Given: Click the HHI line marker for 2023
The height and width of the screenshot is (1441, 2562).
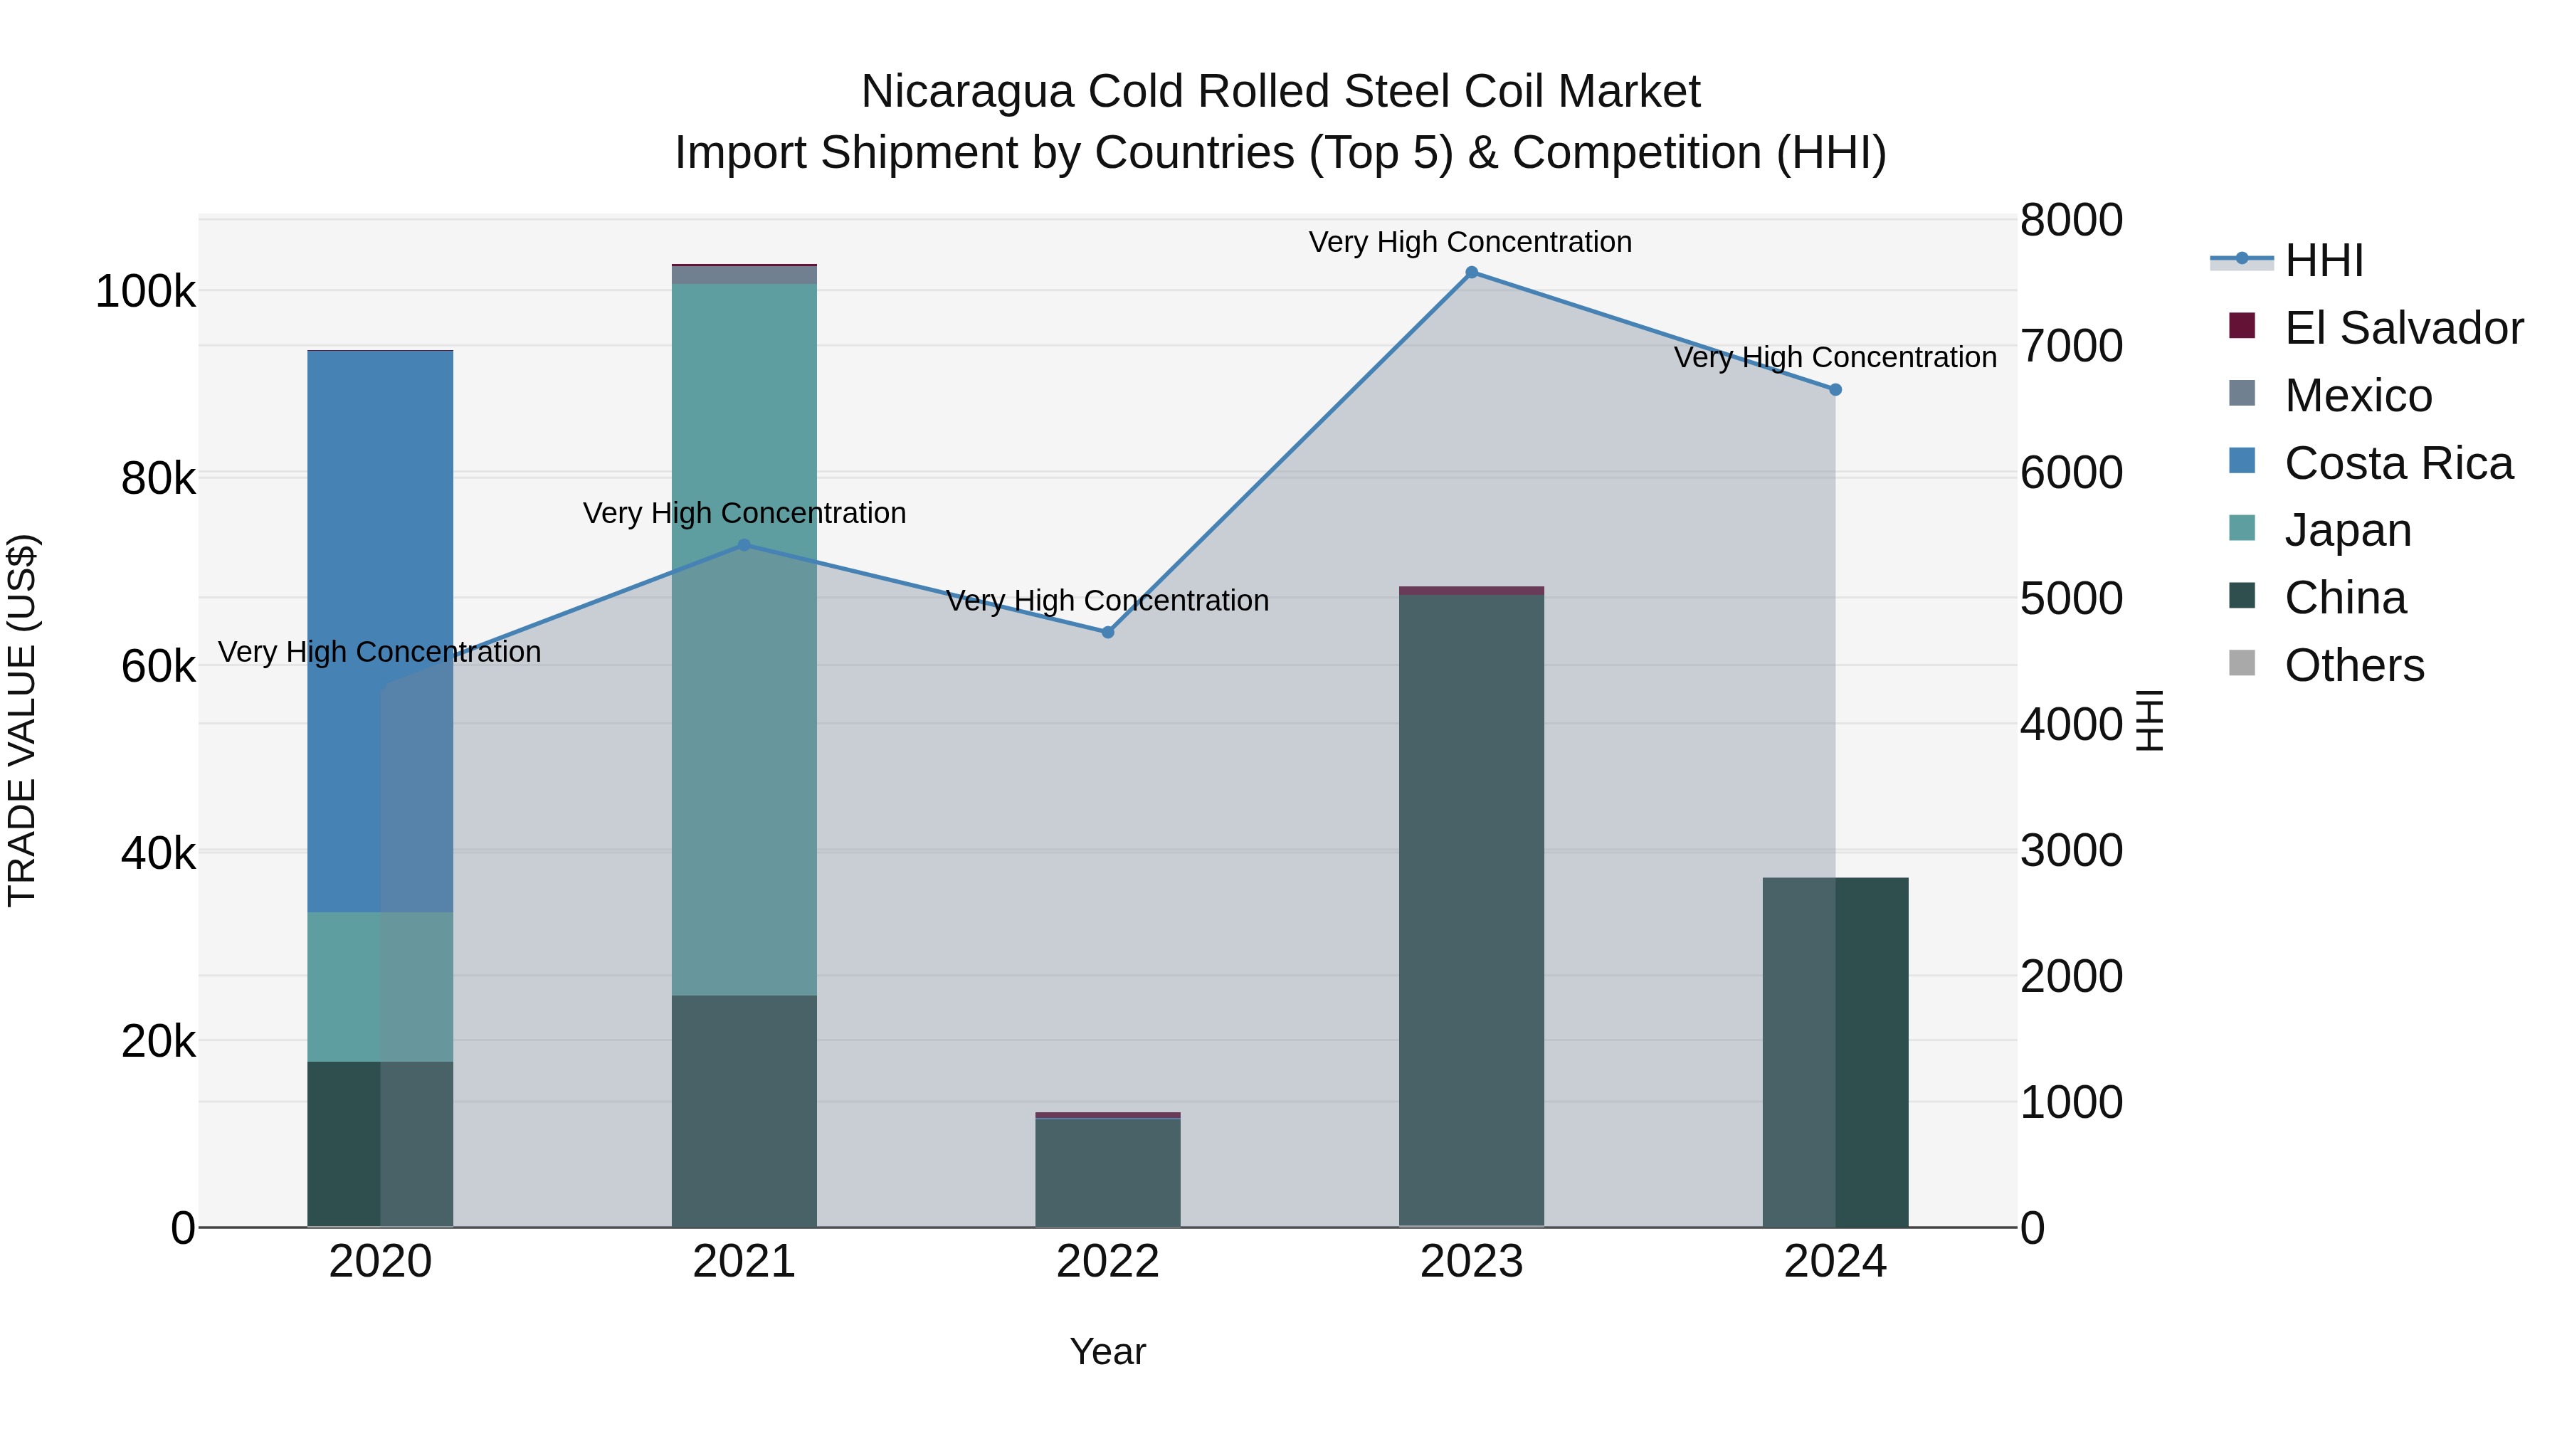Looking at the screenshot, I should pyautogui.click(x=1471, y=273).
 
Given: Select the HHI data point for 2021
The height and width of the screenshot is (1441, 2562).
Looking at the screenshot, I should pyautogui.click(x=744, y=545).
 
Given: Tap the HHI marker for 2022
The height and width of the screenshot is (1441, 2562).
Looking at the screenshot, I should pyautogui.click(x=1108, y=633).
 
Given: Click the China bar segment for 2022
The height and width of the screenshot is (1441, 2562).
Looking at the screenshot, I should pyautogui.click(x=1108, y=1173).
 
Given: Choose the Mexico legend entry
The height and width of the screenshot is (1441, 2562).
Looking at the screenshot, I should pyautogui.click(x=2357, y=396).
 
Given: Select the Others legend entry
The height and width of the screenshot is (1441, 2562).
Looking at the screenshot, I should pyautogui.click(x=2353, y=665).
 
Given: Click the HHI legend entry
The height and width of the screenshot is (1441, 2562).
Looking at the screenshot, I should pyautogui.click(x=2324, y=260).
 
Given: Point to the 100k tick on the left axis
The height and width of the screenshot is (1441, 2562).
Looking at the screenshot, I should pyautogui.click(x=145, y=292).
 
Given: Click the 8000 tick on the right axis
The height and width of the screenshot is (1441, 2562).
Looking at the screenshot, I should pyautogui.click(x=2071, y=220).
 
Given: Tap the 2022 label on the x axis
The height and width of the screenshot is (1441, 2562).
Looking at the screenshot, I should pyautogui.click(x=1108, y=1262).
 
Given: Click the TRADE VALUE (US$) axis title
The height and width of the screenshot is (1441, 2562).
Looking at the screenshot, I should pyautogui.click(x=22, y=720).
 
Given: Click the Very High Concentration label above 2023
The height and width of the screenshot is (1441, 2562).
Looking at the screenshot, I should pyautogui.click(x=1470, y=242).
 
